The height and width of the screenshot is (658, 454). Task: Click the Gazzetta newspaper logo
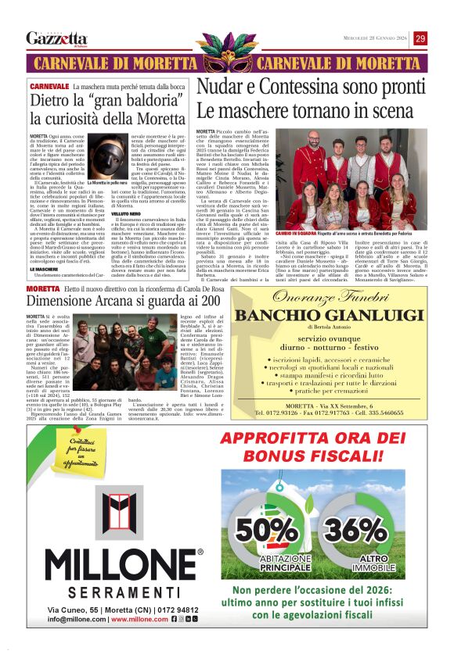(x=56, y=38)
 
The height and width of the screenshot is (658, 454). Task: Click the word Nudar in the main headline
(x=220, y=88)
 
